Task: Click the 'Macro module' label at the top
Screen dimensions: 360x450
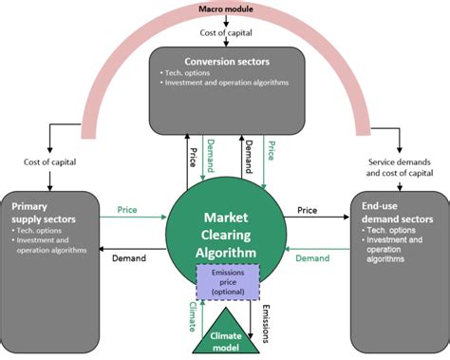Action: [x=224, y=9]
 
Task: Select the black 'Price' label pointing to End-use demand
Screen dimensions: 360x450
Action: [x=307, y=209]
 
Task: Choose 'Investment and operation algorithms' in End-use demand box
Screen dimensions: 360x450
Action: [x=401, y=249]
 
